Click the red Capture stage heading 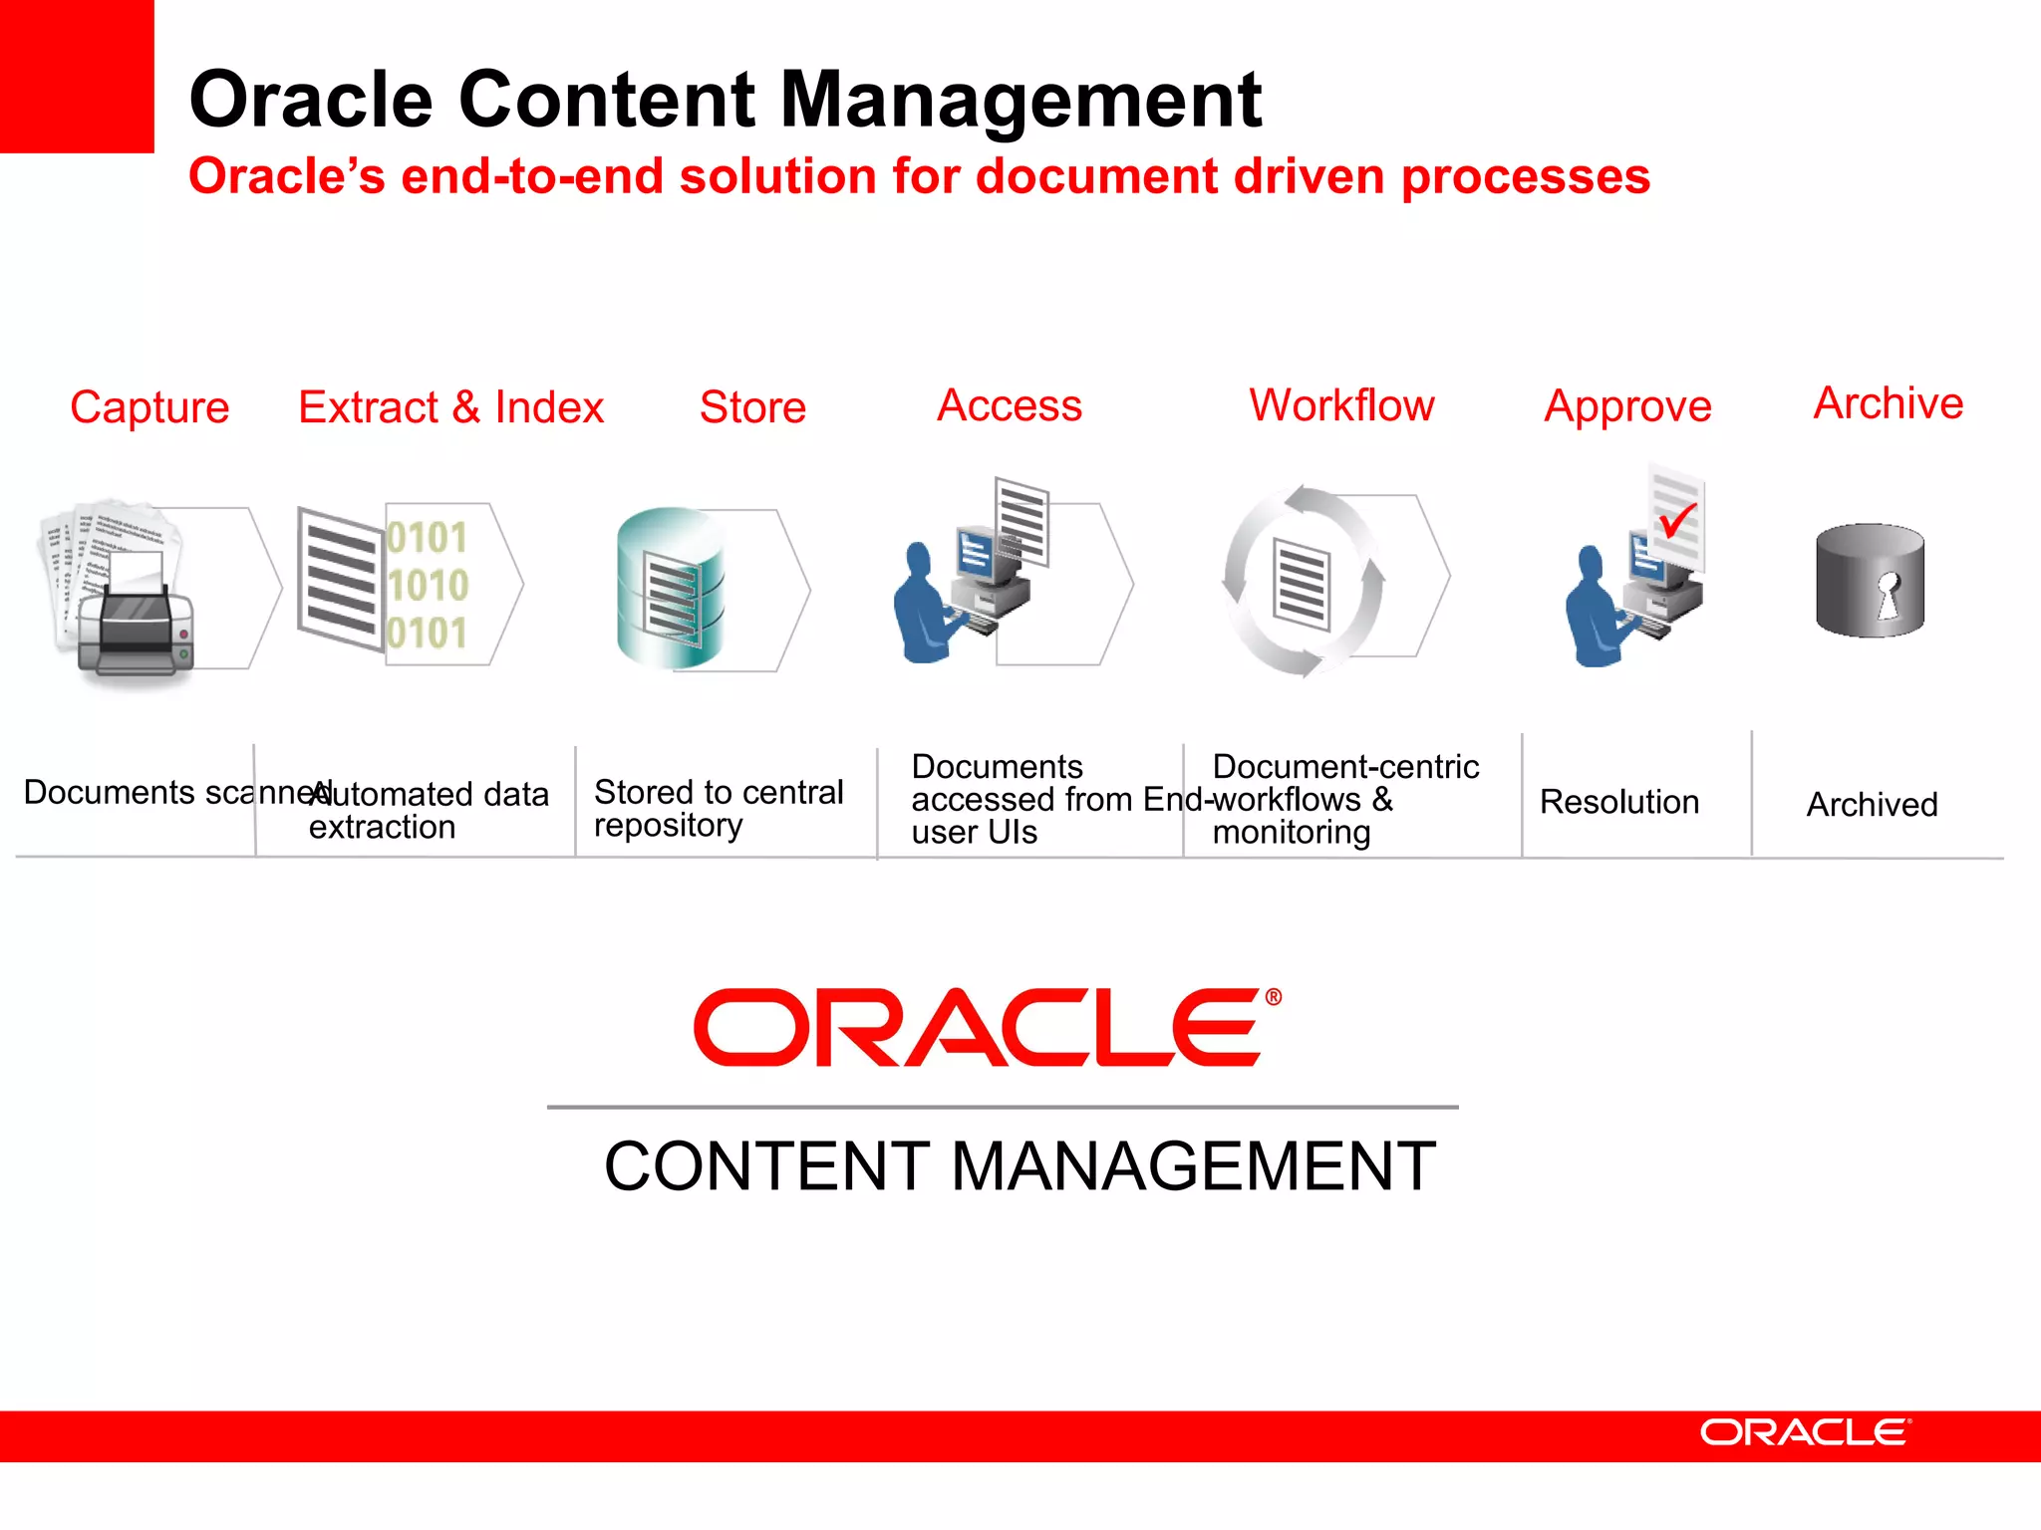[149, 407]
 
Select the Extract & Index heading [450, 407]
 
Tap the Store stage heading [752, 407]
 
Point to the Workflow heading [1341, 405]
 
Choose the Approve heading [1627, 406]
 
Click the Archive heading [1888, 403]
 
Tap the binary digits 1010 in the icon [428, 585]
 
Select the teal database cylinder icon [670, 588]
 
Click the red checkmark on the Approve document [1678, 519]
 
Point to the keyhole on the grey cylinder [1888, 595]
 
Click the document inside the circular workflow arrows [1302, 585]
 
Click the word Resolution [1618, 802]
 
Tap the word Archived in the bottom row [1872, 805]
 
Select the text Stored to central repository [718, 808]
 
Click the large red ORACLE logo [977, 1027]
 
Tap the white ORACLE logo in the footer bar [1805, 1432]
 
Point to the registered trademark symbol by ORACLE [1273, 997]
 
